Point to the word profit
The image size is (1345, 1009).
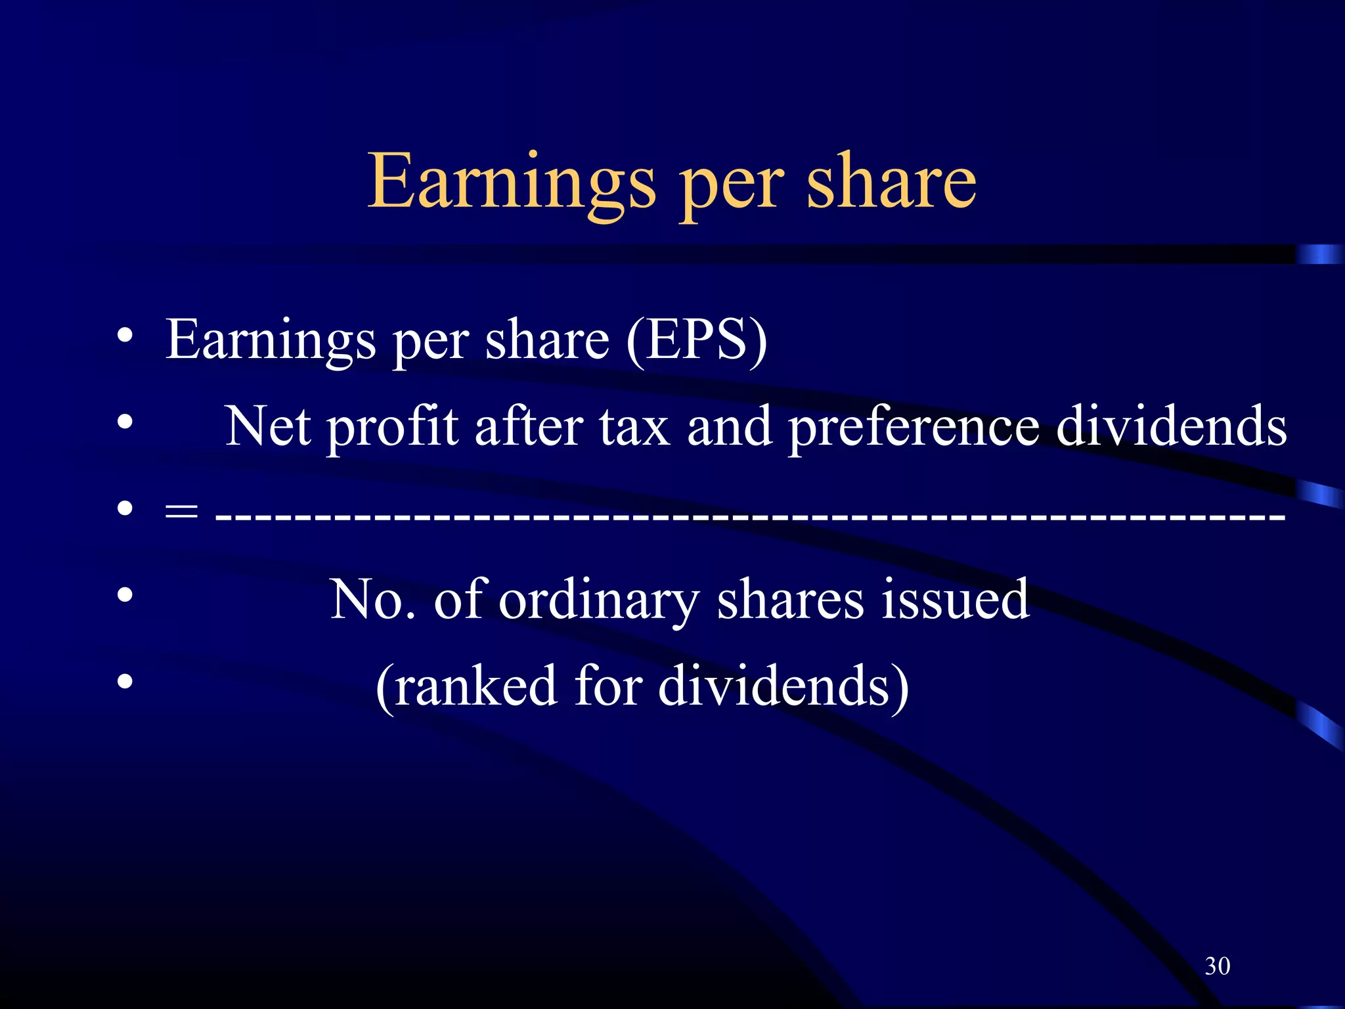click(x=392, y=427)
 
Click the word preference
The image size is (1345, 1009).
click(x=914, y=427)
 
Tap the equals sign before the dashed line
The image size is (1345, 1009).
click(x=181, y=510)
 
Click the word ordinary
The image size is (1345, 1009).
click(x=598, y=600)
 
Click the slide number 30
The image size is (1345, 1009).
click(x=1217, y=966)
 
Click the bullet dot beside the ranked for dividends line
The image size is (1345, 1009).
click(x=125, y=681)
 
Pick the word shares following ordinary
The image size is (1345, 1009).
click(x=790, y=599)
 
